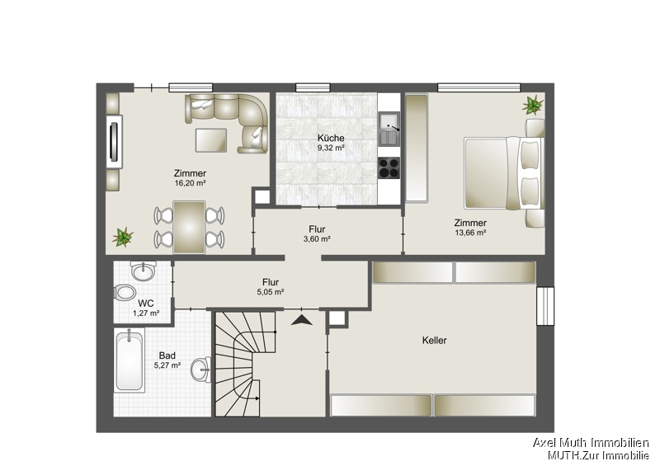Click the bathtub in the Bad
click(129, 360)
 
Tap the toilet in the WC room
click(126, 292)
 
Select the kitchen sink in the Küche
click(389, 128)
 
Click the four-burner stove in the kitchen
click(389, 167)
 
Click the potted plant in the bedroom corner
click(532, 105)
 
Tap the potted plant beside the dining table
click(123, 238)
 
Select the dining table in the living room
click(189, 227)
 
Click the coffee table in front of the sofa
click(211, 139)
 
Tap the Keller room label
click(434, 340)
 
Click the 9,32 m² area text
click(331, 148)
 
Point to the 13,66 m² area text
click(470, 233)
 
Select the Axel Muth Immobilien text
click(590, 443)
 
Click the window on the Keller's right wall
click(545, 305)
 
